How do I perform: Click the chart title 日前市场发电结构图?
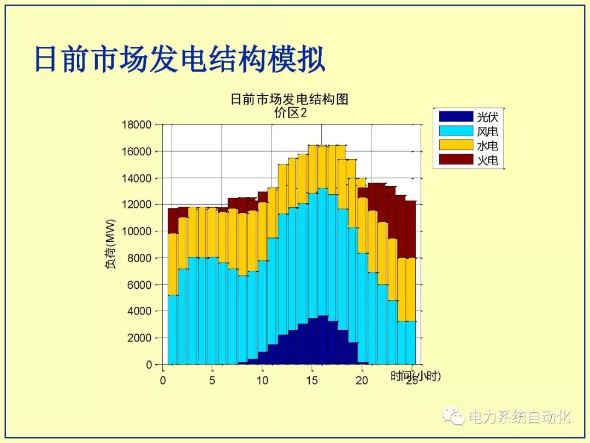(289, 100)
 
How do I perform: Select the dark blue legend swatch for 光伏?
(456, 116)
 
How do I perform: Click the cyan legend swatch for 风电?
(456, 131)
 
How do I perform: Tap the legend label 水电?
(487, 146)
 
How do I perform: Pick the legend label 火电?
(487, 161)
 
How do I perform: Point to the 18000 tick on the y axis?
(136, 125)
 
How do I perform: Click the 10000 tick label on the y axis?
(136, 231)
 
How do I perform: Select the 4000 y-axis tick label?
(139, 311)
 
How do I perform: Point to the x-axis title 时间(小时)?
(416, 376)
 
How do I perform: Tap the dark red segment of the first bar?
(173, 221)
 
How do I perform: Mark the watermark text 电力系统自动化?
(519, 417)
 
